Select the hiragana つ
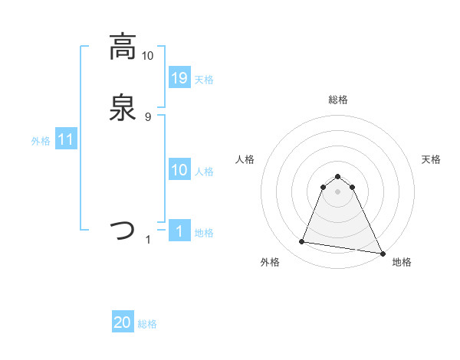point(122,230)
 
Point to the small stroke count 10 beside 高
point(147,56)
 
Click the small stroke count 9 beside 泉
point(148,117)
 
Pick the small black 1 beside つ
point(148,240)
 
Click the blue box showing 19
point(179,77)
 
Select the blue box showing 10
point(179,170)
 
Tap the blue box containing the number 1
point(179,231)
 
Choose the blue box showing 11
point(66,139)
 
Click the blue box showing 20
point(123,323)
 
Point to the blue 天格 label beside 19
point(204,80)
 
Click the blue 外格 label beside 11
point(41,141)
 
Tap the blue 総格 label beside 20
point(147,325)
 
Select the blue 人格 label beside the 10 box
point(204,172)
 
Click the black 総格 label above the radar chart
point(338,100)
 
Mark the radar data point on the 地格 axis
point(383,253)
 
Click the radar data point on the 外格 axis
point(302,242)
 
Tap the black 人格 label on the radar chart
point(245,159)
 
